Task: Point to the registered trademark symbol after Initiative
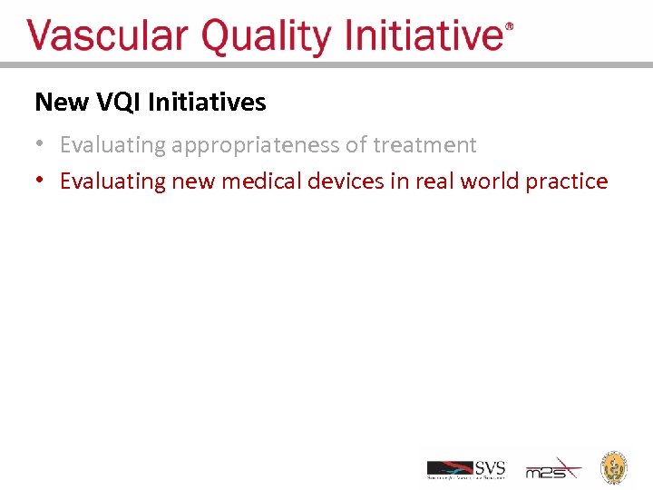pos(509,27)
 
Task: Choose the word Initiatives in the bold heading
pos(207,103)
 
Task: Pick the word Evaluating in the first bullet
pos(113,145)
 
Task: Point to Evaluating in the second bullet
pos(113,181)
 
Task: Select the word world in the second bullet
pos(490,181)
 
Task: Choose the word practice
pos(567,181)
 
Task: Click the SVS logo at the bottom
pos(466,469)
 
